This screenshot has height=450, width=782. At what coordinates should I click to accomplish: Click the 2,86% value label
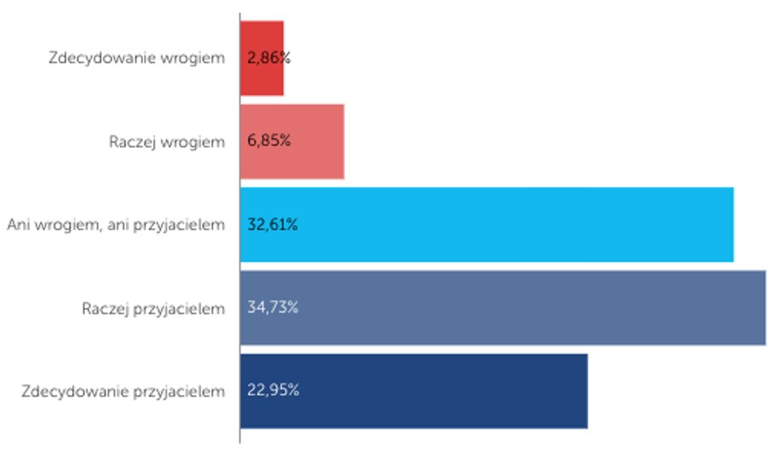[x=268, y=59]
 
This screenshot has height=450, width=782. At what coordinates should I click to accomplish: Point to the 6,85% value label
[x=269, y=141]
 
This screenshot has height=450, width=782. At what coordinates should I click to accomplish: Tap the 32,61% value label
[x=272, y=225]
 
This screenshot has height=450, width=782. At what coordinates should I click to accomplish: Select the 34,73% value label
[x=272, y=308]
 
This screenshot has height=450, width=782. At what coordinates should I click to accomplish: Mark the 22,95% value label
[x=272, y=391]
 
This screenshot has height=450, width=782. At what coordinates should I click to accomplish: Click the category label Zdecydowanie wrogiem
[x=137, y=59]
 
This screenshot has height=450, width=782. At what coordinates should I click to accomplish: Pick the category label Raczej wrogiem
[x=167, y=142]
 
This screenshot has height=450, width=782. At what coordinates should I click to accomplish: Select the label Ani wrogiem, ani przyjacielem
[x=116, y=225]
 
